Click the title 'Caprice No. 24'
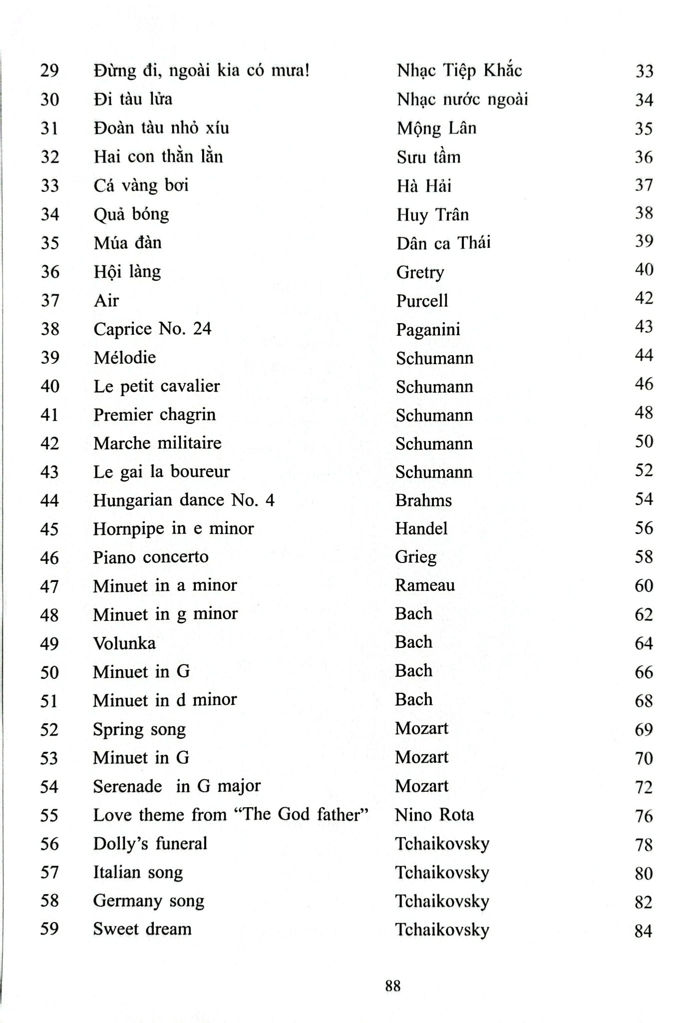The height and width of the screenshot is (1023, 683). pyautogui.click(x=152, y=329)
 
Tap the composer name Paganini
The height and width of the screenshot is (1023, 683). pyautogui.click(x=428, y=330)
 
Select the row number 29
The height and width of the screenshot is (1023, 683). pyautogui.click(x=49, y=70)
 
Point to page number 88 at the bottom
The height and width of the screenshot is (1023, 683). pyautogui.click(x=393, y=986)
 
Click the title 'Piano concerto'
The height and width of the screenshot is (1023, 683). pyautogui.click(x=150, y=557)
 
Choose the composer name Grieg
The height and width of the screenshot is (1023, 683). pyautogui.click(x=415, y=557)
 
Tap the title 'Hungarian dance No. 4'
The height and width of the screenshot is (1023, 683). pyautogui.click(x=183, y=500)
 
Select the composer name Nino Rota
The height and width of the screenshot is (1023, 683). pyautogui.click(x=434, y=815)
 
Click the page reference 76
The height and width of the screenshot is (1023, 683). pyautogui.click(x=644, y=816)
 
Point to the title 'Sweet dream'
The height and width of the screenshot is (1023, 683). pyautogui.click(x=142, y=929)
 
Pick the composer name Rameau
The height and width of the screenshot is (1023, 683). pyautogui.click(x=424, y=585)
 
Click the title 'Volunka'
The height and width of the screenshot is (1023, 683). pyautogui.click(x=124, y=643)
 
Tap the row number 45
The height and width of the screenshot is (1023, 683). pyautogui.click(x=49, y=529)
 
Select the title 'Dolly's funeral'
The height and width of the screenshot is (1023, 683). pyautogui.click(x=150, y=844)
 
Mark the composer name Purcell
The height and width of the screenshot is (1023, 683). pyautogui.click(x=422, y=301)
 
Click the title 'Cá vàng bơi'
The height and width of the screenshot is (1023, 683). pyautogui.click(x=141, y=186)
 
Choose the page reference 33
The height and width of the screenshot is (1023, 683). pyautogui.click(x=644, y=71)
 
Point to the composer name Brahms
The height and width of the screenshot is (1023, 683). pyautogui.click(x=423, y=500)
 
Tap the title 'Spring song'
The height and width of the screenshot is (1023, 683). pyautogui.click(x=139, y=730)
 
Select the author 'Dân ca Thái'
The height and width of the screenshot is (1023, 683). pyautogui.click(x=443, y=243)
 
